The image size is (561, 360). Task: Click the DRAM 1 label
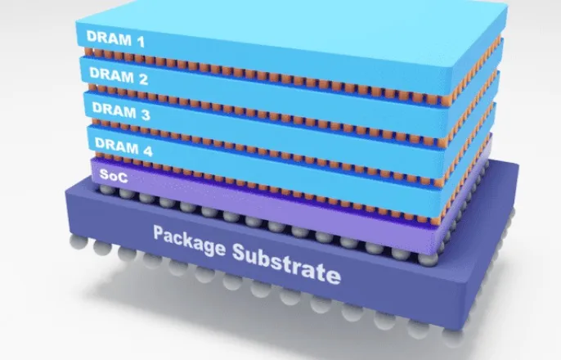point(115,38)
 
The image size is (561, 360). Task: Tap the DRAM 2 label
point(119,76)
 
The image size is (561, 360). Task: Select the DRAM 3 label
point(121,111)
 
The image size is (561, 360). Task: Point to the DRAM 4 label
point(123,146)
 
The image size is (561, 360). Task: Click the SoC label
point(114,175)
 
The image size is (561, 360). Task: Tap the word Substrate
point(286,263)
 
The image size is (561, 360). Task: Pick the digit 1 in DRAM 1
point(141,42)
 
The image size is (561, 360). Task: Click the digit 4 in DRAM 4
point(148,151)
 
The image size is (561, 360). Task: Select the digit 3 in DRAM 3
point(146,115)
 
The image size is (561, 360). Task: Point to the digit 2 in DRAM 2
point(143,79)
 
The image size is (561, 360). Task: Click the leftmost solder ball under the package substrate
point(79,242)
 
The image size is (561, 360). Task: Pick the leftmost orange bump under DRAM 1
point(88,52)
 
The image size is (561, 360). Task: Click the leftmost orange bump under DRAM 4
point(99,155)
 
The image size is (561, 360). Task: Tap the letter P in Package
point(159,232)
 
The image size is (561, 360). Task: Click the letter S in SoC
point(104,174)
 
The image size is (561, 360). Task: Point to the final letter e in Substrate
point(334,276)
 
